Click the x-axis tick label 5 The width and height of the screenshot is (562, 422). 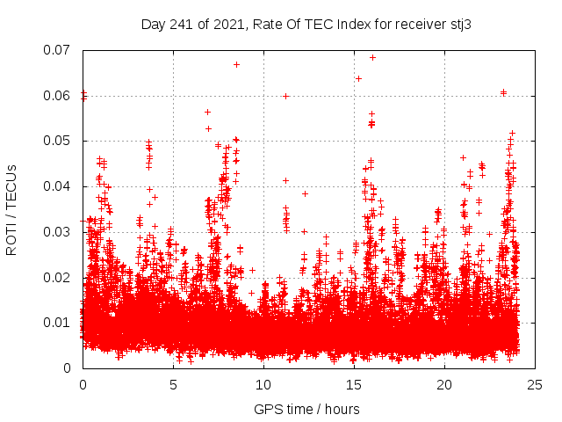point(173,385)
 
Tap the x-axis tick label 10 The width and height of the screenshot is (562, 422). point(263,385)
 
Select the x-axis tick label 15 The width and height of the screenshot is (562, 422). point(354,385)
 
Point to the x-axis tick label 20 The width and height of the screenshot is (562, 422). point(444,385)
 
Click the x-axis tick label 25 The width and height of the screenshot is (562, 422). point(535,385)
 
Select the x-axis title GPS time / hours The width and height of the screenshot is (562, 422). point(306,409)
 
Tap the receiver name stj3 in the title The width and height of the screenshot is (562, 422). point(460,24)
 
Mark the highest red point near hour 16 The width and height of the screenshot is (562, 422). point(372,57)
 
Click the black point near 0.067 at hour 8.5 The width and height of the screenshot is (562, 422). point(236,64)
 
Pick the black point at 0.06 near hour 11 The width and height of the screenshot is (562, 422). point(285,96)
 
